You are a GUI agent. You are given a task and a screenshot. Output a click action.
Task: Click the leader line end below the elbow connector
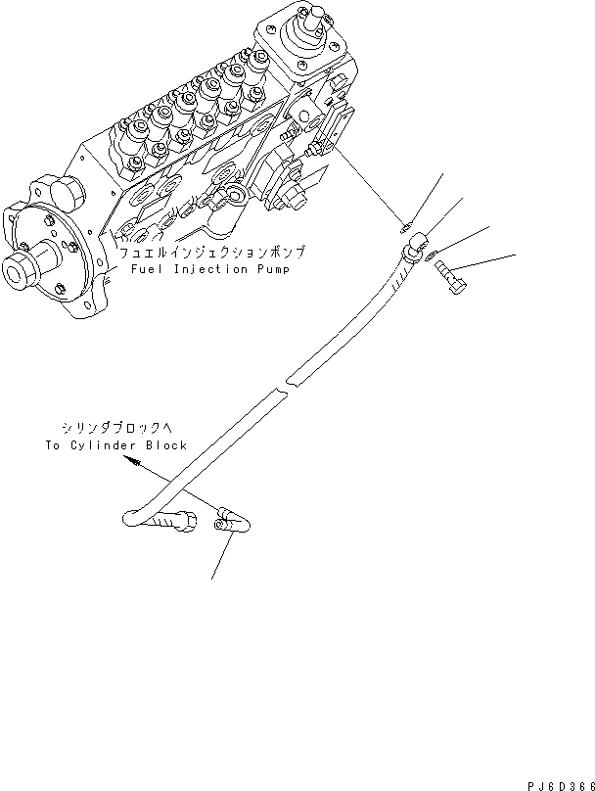212,577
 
